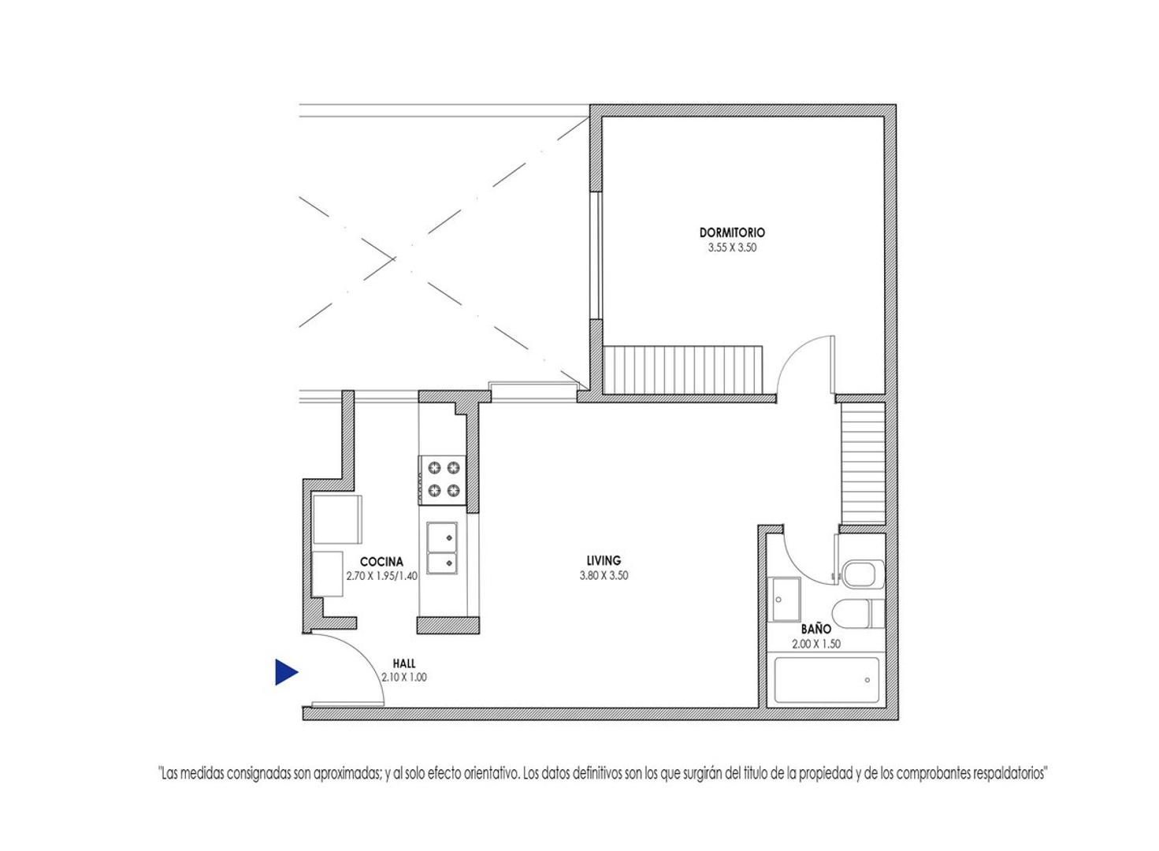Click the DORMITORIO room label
(x=731, y=232)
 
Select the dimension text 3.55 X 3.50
(x=731, y=247)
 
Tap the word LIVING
(x=604, y=561)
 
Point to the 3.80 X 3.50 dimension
(x=604, y=575)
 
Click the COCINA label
(x=381, y=562)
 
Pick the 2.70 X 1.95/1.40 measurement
(x=381, y=576)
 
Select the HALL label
(x=404, y=663)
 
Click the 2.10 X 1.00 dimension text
(x=404, y=677)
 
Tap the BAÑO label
(x=816, y=630)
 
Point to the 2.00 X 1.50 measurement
(x=816, y=644)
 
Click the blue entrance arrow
(x=285, y=672)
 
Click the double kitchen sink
(x=442, y=548)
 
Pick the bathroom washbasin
(x=785, y=600)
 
